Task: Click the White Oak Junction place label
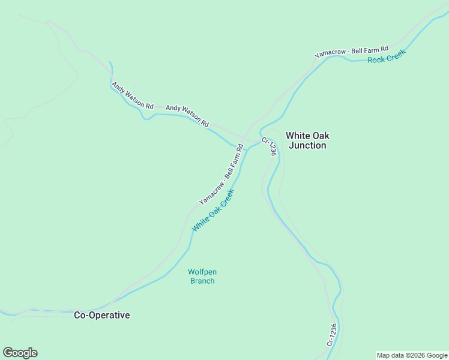pyautogui.click(x=307, y=140)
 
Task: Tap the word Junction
pyautogui.click(x=307, y=145)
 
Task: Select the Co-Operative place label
pyautogui.click(x=101, y=315)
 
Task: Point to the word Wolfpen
pyautogui.click(x=202, y=272)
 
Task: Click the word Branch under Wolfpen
pyautogui.click(x=202, y=280)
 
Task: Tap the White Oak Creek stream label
pyautogui.click(x=212, y=211)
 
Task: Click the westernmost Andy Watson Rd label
pyautogui.click(x=132, y=96)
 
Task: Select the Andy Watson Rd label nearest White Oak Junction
pyautogui.click(x=187, y=116)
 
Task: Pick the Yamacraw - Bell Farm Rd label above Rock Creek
pyautogui.click(x=352, y=52)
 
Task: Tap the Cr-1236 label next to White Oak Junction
pyautogui.click(x=270, y=148)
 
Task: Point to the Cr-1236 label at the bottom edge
pyautogui.click(x=331, y=335)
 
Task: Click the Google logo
pyautogui.click(x=20, y=353)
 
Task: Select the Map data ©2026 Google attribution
pyautogui.click(x=412, y=355)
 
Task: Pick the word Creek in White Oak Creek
pyautogui.click(x=223, y=200)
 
